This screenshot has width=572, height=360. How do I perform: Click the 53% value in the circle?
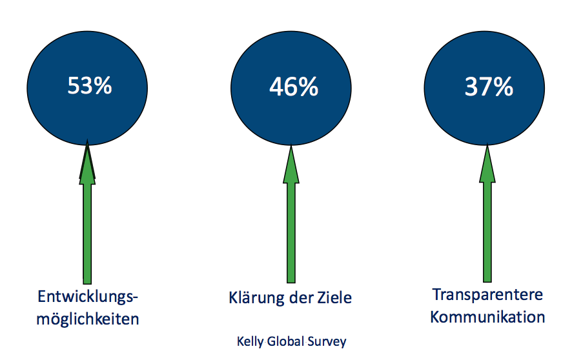coord(89,86)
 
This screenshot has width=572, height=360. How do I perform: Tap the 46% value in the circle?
coord(294,87)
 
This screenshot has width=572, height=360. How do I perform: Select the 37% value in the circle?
coord(489,87)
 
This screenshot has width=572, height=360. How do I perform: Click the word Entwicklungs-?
coord(88,297)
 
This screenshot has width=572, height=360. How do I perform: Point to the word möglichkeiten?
coord(88,319)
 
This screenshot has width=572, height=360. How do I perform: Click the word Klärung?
coord(256,297)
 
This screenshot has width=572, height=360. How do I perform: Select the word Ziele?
coord(334,297)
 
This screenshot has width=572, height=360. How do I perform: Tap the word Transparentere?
coord(487,294)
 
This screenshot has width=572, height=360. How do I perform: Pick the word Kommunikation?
coord(487,317)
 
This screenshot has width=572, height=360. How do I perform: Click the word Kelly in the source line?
coord(250,341)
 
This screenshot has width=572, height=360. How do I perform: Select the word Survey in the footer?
coord(327,341)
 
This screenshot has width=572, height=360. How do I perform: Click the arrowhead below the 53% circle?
coord(87,162)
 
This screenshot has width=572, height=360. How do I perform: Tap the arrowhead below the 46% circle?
coord(291,164)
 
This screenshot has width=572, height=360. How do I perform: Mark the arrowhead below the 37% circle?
coord(487,163)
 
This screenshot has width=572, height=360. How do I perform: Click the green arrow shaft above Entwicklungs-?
coord(87,234)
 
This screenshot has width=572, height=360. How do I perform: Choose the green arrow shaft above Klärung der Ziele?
coord(291,233)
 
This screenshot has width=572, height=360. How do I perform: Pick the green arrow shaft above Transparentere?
coord(487,232)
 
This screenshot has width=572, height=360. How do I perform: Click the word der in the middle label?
coord(301,297)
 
